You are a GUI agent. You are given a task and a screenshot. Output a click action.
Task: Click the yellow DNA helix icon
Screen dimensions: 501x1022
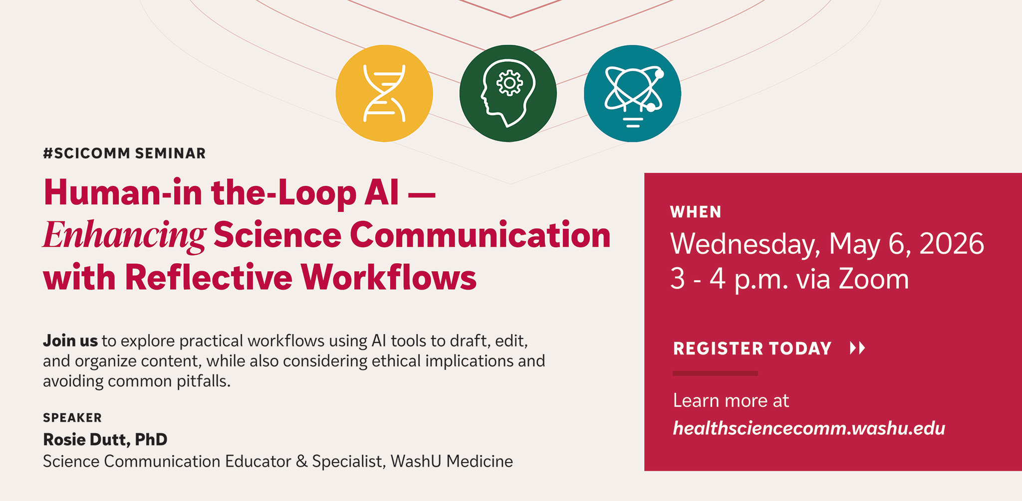(x=384, y=93)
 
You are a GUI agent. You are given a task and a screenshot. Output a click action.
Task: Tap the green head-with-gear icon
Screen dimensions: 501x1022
(x=508, y=93)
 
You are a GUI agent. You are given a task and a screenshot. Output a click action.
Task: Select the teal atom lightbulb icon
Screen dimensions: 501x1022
(x=632, y=93)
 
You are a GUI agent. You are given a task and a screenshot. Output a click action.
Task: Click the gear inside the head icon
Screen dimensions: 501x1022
(x=509, y=83)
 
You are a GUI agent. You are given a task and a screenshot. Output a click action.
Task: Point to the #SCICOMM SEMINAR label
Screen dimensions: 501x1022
(x=124, y=154)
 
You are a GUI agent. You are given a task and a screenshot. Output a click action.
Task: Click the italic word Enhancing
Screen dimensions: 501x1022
(x=124, y=235)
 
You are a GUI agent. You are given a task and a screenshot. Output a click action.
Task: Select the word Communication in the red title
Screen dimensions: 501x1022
(x=480, y=235)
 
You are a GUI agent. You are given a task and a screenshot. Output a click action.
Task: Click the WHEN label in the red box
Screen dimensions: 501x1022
(x=696, y=212)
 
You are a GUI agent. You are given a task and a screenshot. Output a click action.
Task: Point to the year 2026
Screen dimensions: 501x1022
(x=951, y=244)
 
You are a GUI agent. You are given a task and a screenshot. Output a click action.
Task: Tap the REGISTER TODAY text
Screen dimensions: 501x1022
(x=752, y=348)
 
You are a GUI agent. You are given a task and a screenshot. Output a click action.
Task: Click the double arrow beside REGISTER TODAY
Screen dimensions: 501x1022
(x=857, y=348)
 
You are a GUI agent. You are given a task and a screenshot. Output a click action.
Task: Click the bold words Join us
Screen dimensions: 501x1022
(x=70, y=341)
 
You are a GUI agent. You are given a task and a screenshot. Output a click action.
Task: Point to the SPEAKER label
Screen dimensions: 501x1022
(x=72, y=418)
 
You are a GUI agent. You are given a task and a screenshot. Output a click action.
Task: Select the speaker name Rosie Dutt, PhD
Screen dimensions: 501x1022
(x=105, y=440)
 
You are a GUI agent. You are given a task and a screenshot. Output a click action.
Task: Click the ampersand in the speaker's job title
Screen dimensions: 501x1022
(x=301, y=462)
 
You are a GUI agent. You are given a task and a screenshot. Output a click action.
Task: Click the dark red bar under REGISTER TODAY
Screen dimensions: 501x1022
(x=715, y=373)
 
